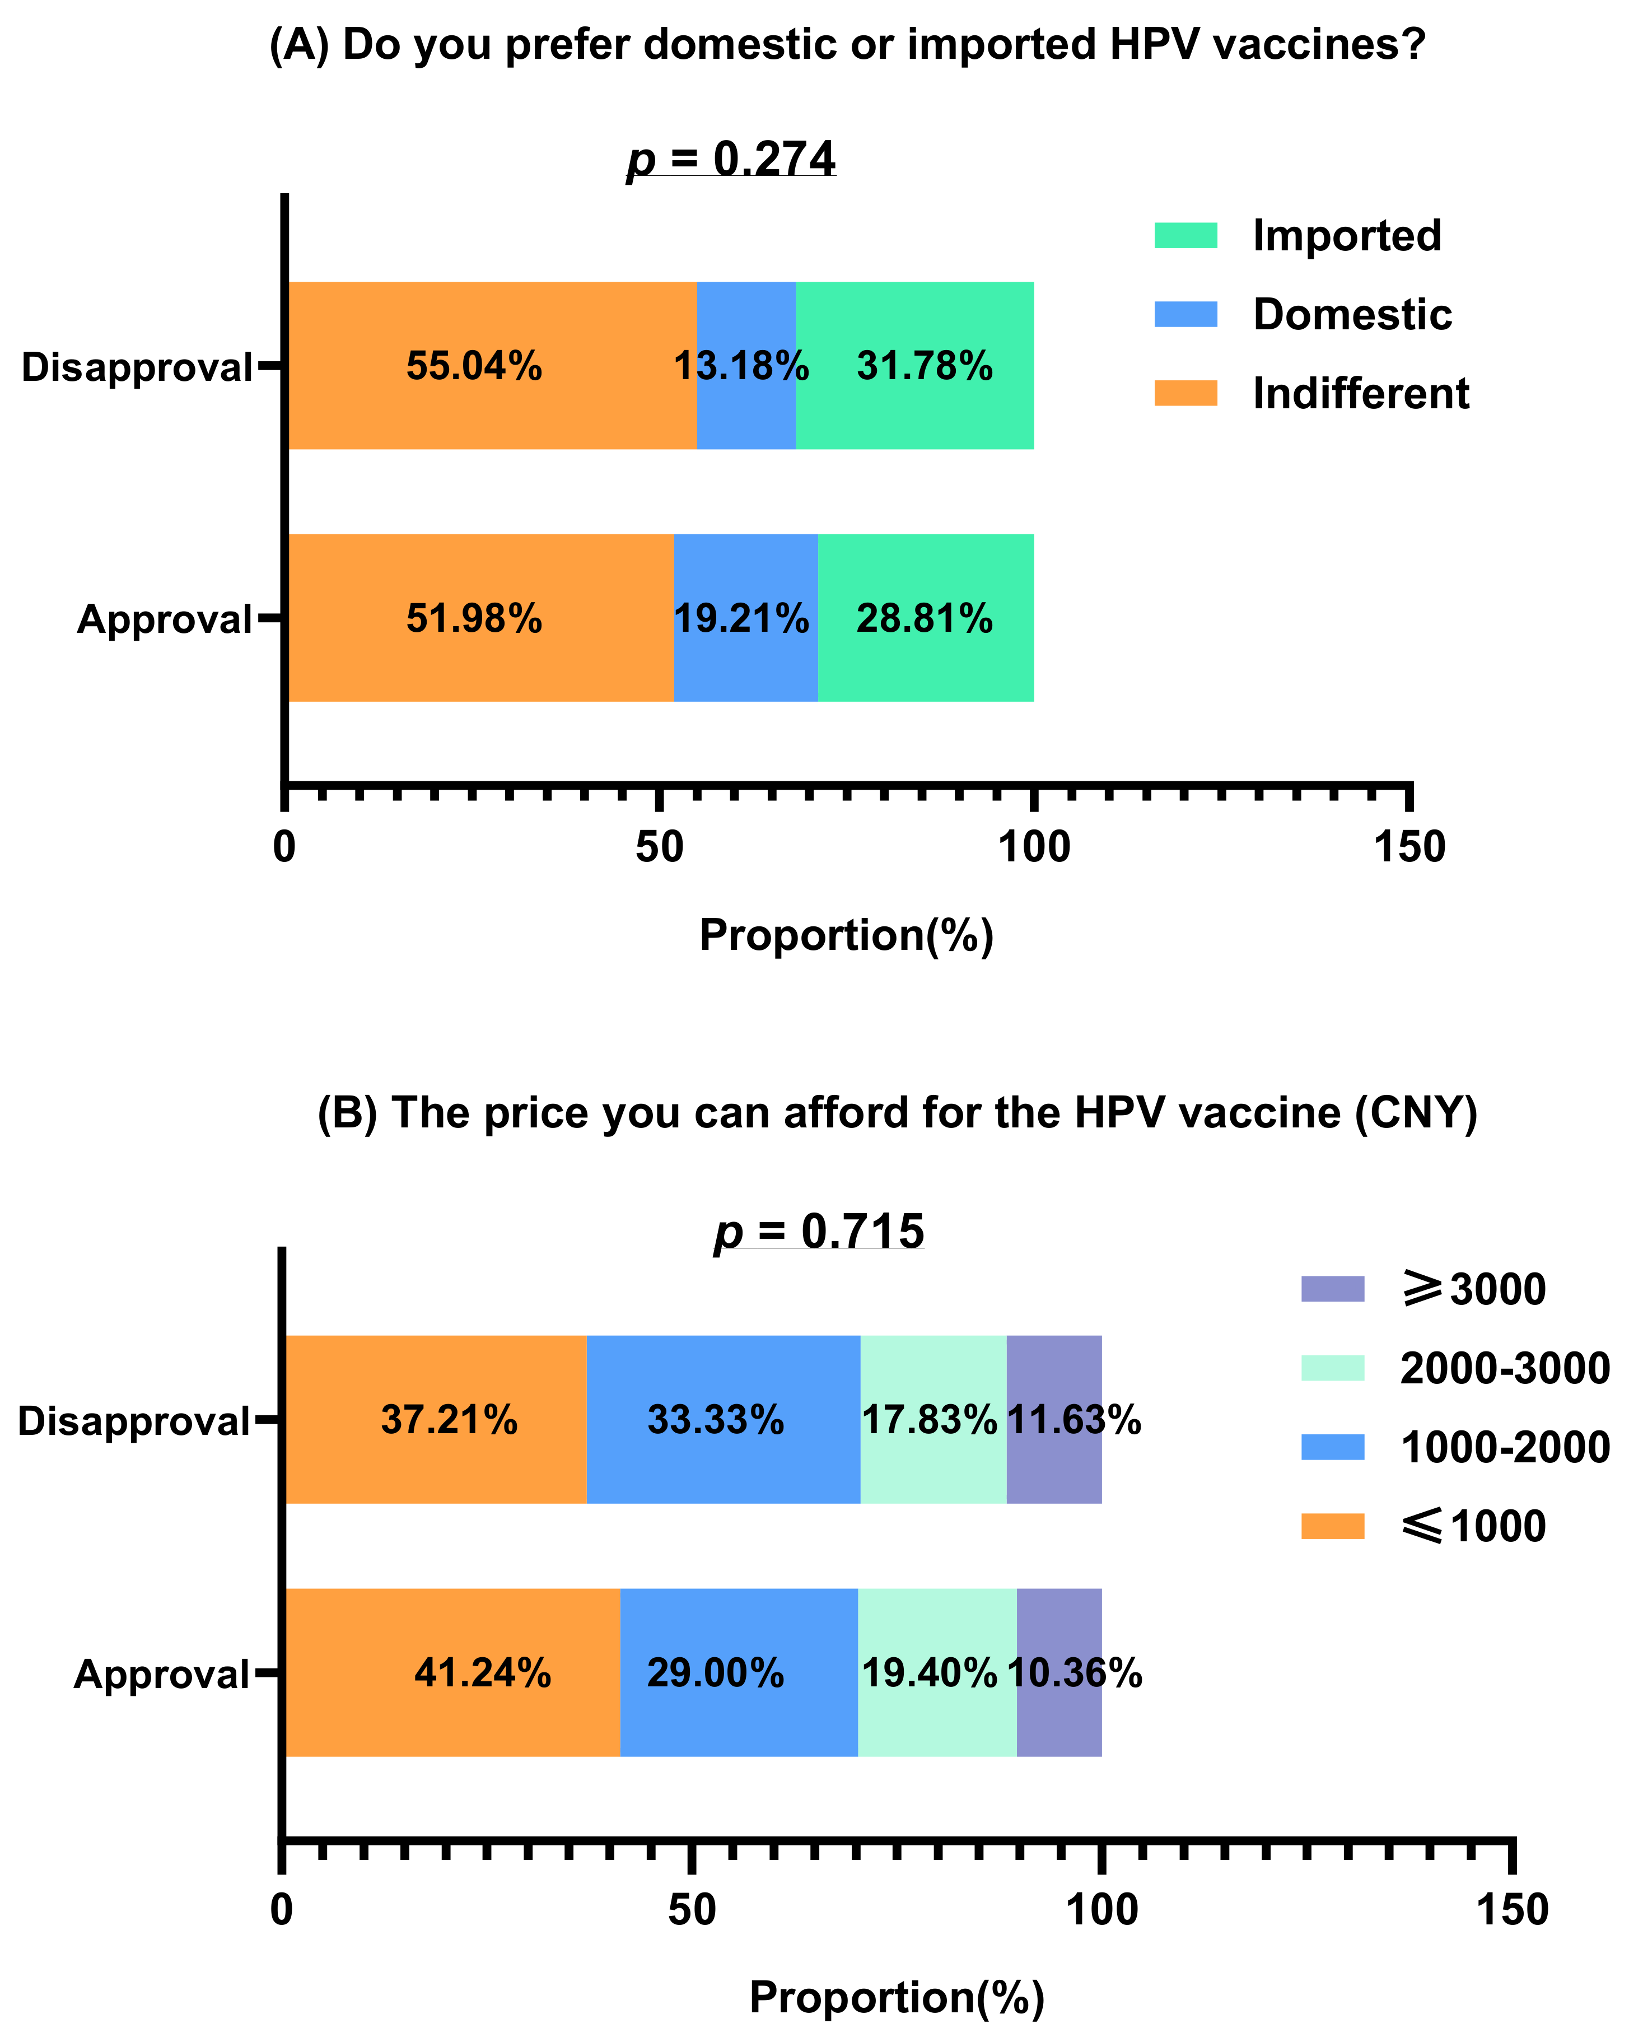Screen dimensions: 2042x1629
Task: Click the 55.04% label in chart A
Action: (x=474, y=366)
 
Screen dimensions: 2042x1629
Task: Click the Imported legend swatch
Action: (x=1185, y=235)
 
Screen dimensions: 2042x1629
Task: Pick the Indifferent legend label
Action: (x=1360, y=393)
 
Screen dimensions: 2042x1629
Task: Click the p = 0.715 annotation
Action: (x=818, y=1231)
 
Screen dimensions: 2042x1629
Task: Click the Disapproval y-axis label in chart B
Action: (x=133, y=1421)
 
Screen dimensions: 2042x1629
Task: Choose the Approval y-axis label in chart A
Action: (x=164, y=618)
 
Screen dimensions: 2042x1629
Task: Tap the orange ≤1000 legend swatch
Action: (x=1332, y=1526)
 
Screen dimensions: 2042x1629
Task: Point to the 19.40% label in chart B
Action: (x=928, y=1672)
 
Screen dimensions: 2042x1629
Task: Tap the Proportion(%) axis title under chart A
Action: (x=846, y=935)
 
